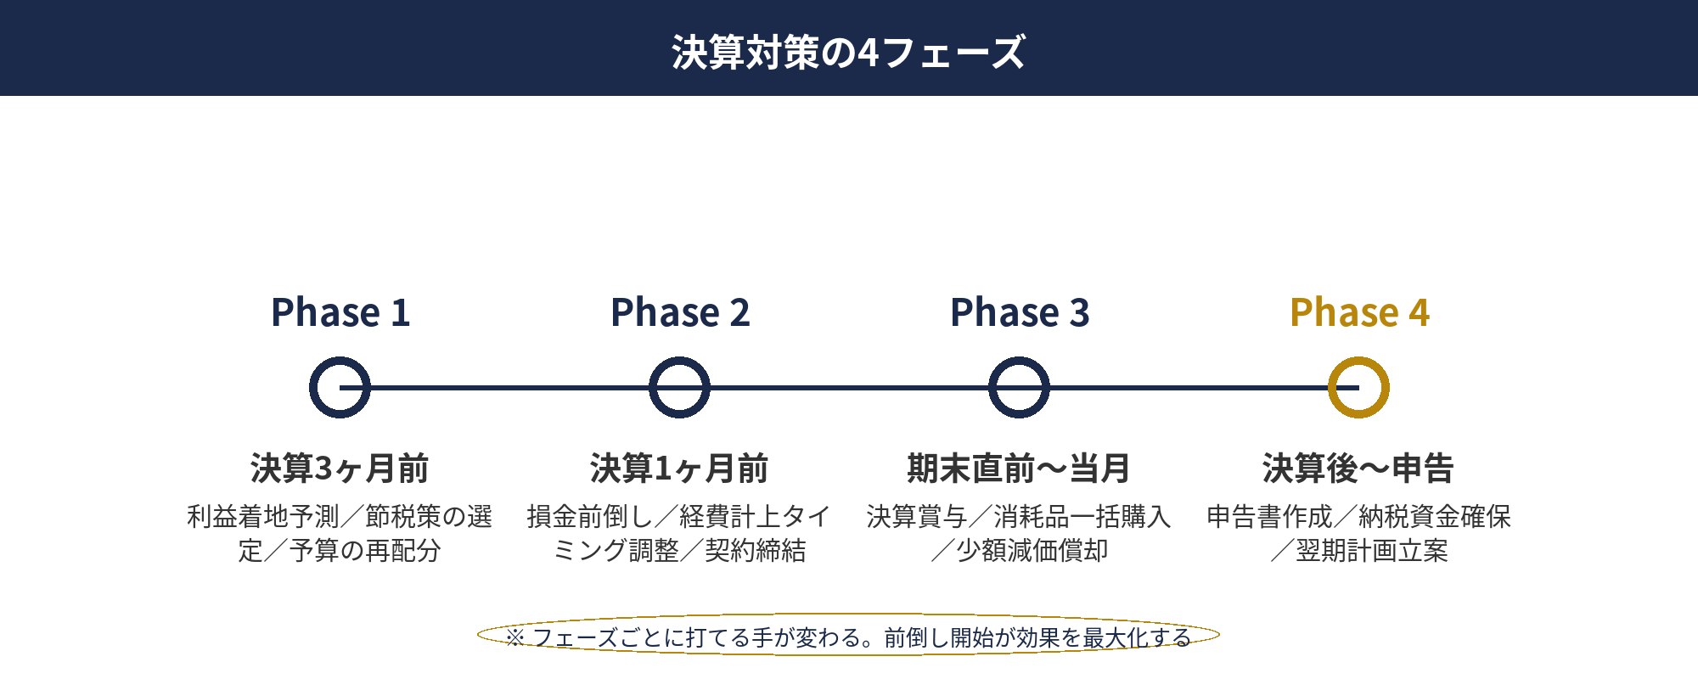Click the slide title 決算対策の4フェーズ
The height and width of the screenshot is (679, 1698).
(x=849, y=52)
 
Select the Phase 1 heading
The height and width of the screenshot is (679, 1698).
(x=340, y=312)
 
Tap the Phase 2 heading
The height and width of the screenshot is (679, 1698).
(x=680, y=312)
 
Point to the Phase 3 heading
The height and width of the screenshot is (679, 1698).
(x=1020, y=312)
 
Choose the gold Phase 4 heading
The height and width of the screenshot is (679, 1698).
(x=1359, y=312)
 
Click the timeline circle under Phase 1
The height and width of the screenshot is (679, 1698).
(x=340, y=388)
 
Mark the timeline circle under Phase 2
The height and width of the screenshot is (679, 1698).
(x=679, y=388)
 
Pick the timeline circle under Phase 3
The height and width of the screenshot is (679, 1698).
(x=1019, y=388)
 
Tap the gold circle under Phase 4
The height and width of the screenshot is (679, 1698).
(x=1358, y=388)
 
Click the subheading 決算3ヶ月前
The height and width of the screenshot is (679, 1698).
(x=340, y=469)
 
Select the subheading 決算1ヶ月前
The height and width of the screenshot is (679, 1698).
(x=679, y=469)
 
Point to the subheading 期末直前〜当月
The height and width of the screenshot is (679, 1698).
(x=1019, y=469)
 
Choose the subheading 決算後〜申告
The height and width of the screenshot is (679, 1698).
(x=1358, y=469)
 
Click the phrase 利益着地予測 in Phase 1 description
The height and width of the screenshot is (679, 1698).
(x=262, y=516)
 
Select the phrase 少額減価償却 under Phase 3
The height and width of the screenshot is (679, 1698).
(x=1032, y=551)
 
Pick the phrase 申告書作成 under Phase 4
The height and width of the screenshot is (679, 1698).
(x=1269, y=516)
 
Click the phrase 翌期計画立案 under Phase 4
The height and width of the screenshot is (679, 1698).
(x=1371, y=551)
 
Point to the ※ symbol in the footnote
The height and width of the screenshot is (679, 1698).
(x=514, y=637)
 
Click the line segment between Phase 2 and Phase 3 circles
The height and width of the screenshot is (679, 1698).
(x=849, y=388)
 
